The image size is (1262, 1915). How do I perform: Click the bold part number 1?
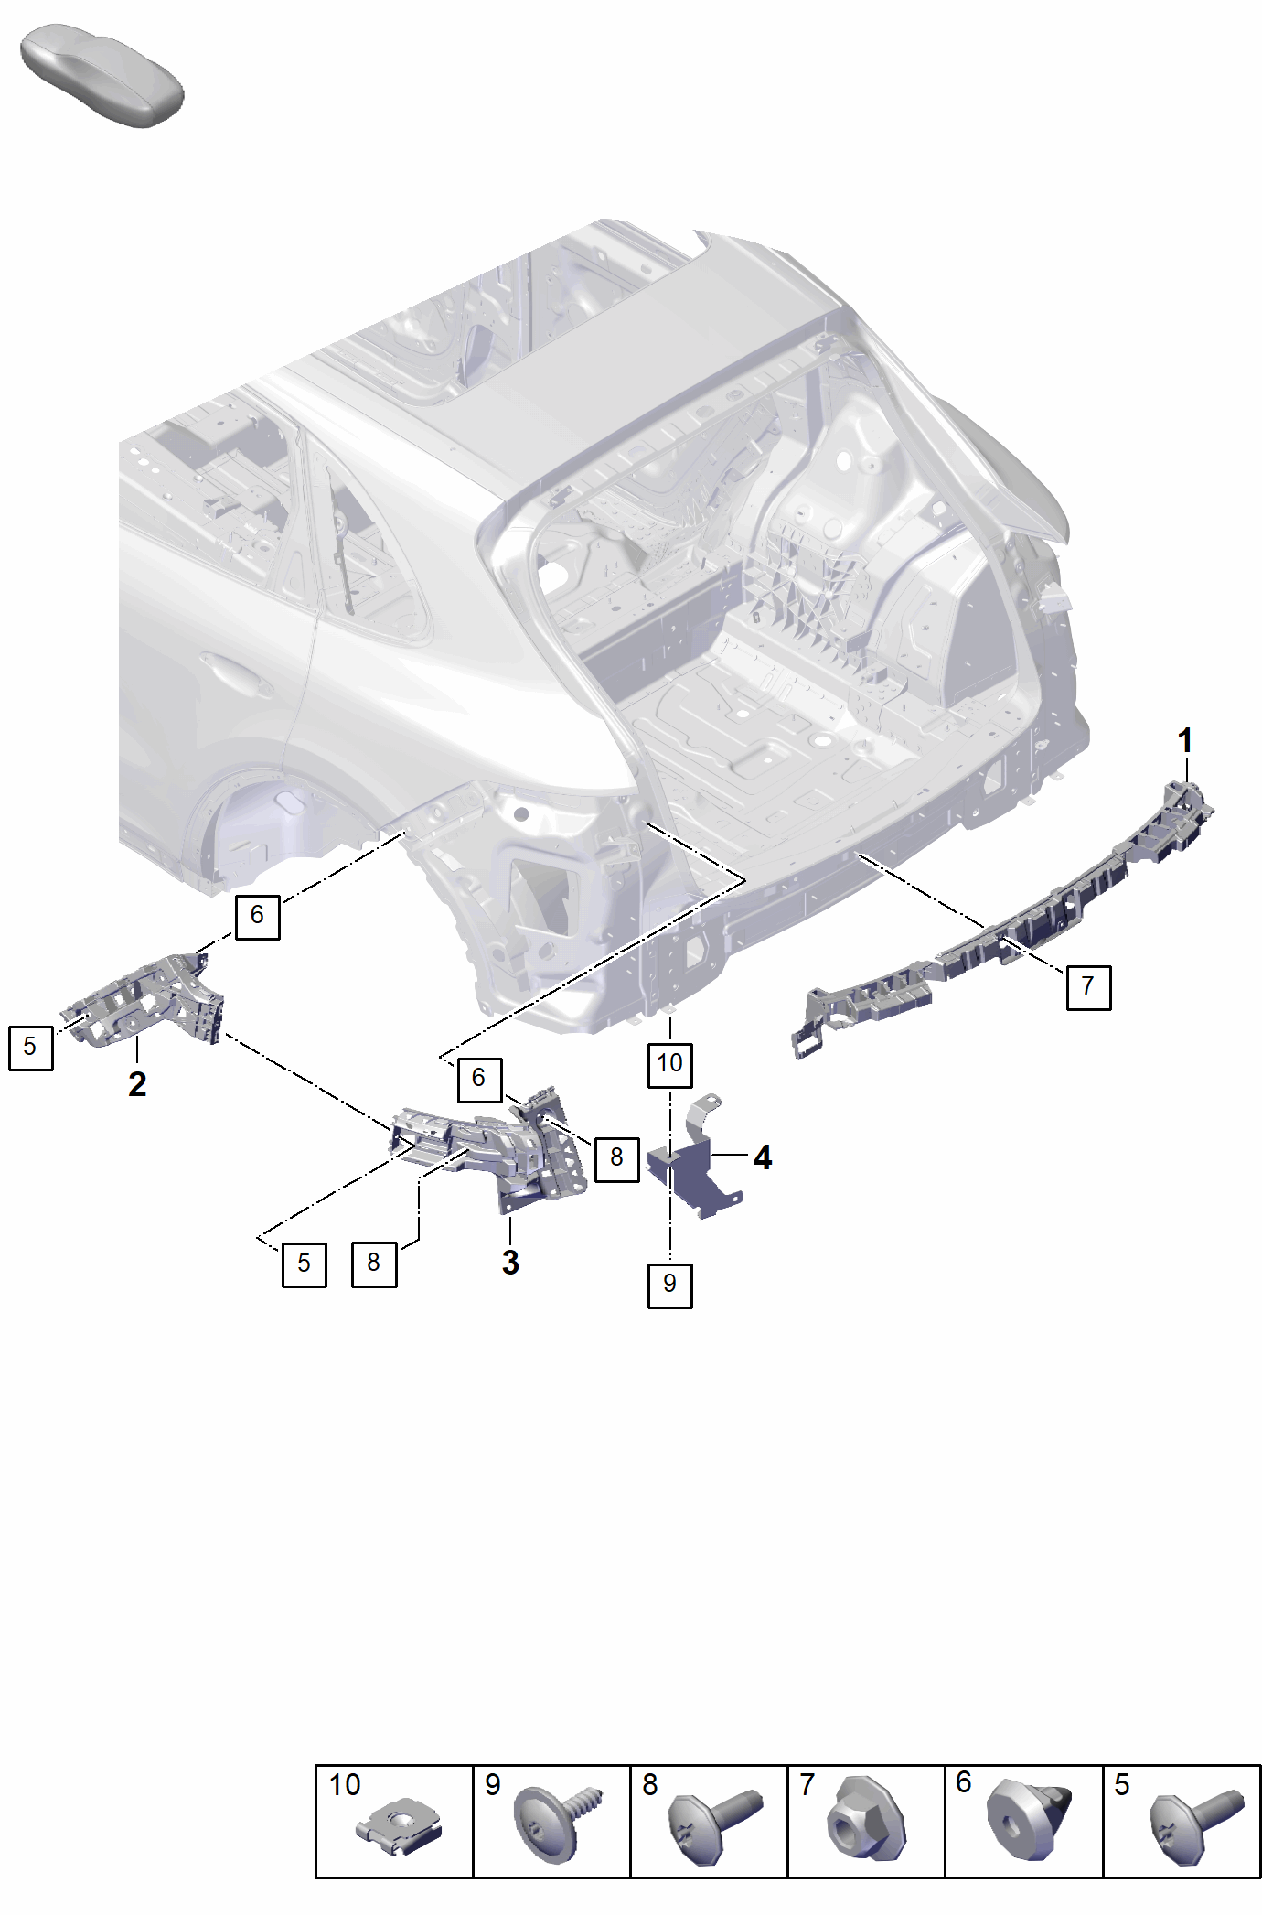click(1185, 740)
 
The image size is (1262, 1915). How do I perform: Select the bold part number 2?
click(137, 1084)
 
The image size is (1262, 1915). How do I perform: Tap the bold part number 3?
click(510, 1263)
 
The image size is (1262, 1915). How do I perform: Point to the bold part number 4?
click(763, 1158)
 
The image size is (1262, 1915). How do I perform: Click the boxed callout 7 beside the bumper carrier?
click(1088, 986)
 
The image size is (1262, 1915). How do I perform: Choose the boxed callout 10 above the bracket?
click(669, 1063)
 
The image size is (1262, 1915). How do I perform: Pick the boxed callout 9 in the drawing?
click(669, 1285)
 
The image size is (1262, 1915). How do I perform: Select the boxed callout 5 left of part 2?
click(30, 1048)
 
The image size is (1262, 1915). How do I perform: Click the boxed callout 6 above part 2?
click(257, 916)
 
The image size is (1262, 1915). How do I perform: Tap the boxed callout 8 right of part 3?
click(616, 1158)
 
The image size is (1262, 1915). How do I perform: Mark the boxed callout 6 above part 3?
click(479, 1079)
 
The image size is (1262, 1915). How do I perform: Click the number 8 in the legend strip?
click(649, 1785)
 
